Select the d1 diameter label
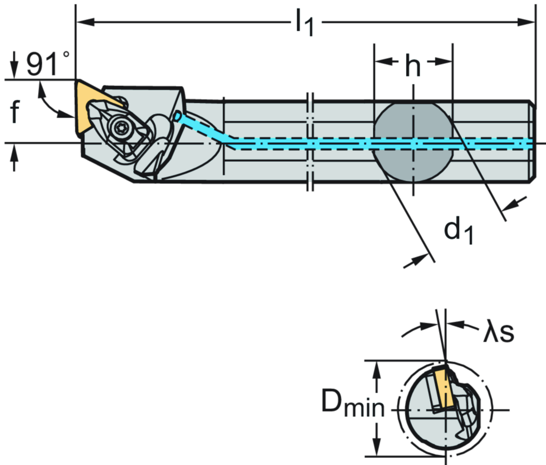[x=459, y=231]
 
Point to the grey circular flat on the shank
[x=413, y=143]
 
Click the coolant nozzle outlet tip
[x=177, y=116]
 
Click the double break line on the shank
[x=310, y=141]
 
